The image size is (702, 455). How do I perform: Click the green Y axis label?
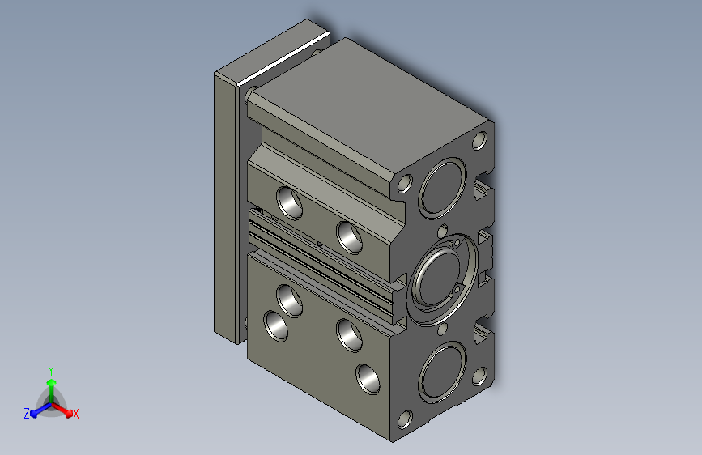pyautogui.click(x=51, y=370)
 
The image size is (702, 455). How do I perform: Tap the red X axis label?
pyautogui.click(x=75, y=414)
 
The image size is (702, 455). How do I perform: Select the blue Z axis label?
pyautogui.click(x=27, y=414)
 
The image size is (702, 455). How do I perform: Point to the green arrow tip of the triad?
pyautogui.click(x=52, y=382)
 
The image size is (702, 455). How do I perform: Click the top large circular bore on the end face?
pyautogui.click(x=443, y=188)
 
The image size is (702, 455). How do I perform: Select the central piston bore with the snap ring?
pyautogui.click(x=441, y=278)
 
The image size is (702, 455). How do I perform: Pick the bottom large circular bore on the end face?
pyautogui.click(x=443, y=372)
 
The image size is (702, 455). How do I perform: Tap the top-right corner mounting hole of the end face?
pyautogui.click(x=479, y=141)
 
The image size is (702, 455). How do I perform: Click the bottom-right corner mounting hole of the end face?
pyautogui.click(x=479, y=376)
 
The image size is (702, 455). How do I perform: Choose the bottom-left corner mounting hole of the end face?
pyautogui.click(x=405, y=419)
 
